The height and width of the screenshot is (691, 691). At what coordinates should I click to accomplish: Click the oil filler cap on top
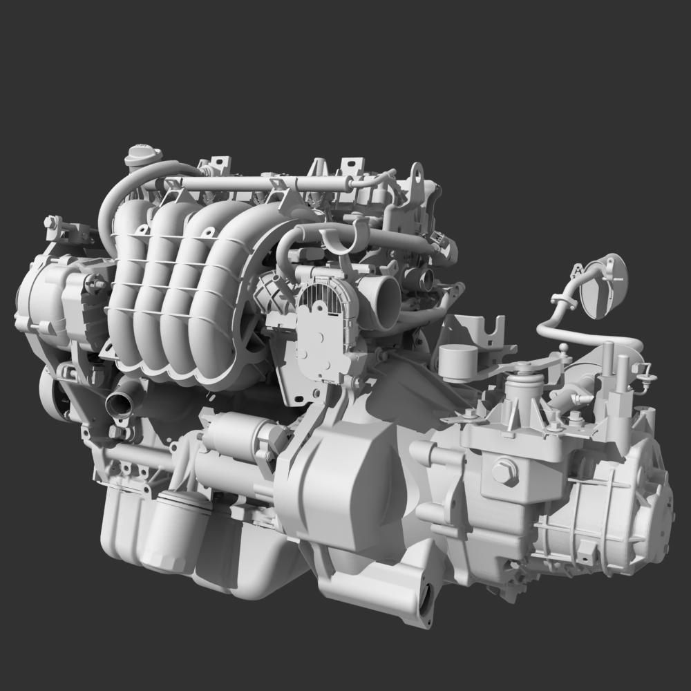point(142,155)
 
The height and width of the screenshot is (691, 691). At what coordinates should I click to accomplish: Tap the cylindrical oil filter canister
point(176,529)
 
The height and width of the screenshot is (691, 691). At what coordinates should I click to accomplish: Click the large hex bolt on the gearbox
point(504,472)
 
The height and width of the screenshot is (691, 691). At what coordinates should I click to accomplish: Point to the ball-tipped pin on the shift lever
point(564,348)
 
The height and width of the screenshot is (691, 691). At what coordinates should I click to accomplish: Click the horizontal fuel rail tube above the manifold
point(256,184)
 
